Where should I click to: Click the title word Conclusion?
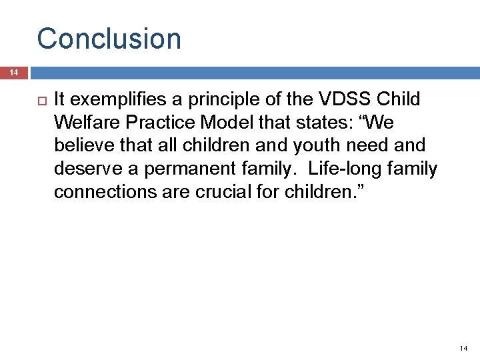[109, 39]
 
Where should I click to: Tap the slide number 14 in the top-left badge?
[13, 73]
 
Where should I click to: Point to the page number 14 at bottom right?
[464, 349]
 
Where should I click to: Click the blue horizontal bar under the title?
[253, 73]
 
